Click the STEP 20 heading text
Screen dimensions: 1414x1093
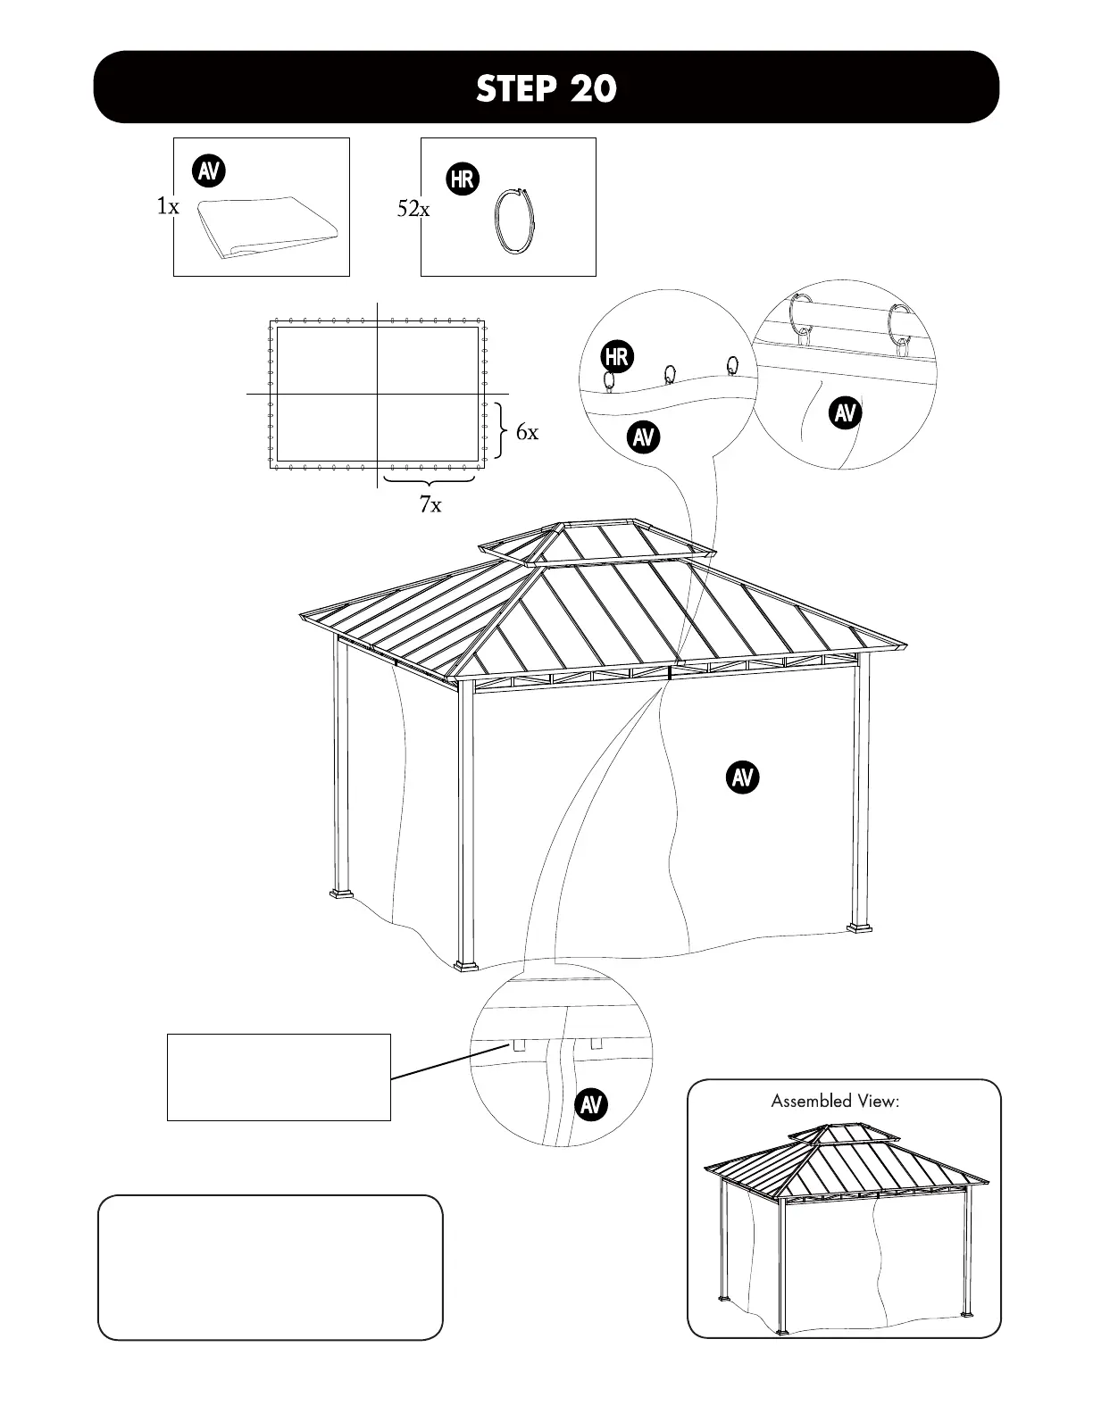pyautogui.click(x=546, y=88)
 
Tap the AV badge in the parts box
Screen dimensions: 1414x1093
pyautogui.click(x=209, y=171)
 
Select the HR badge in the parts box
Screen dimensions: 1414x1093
pyautogui.click(x=462, y=179)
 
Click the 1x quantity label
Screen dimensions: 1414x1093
pyautogui.click(x=168, y=207)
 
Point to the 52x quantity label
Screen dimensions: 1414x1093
pyautogui.click(x=413, y=210)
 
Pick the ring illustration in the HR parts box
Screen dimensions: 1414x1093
pyautogui.click(x=515, y=223)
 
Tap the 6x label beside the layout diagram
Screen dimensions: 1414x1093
pyautogui.click(x=527, y=433)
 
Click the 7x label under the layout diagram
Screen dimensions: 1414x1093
pyautogui.click(x=430, y=505)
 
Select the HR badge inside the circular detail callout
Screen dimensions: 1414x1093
pyautogui.click(x=616, y=357)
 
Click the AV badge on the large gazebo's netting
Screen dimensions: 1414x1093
pyautogui.click(x=742, y=777)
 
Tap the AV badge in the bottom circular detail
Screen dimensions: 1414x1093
pyautogui.click(x=590, y=1104)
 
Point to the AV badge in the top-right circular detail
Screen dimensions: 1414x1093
pyautogui.click(x=845, y=413)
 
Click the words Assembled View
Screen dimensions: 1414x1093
pyautogui.click(x=835, y=1101)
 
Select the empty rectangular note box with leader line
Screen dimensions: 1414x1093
pyautogui.click(x=279, y=1077)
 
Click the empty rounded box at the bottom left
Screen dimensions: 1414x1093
pyautogui.click(x=270, y=1267)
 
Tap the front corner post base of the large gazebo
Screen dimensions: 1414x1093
pyautogui.click(x=466, y=965)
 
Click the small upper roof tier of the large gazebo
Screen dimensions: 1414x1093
pyautogui.click(x=597, y=542)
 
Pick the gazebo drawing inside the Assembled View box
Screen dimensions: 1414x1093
pyautogui.click(x=845, y=1223)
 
